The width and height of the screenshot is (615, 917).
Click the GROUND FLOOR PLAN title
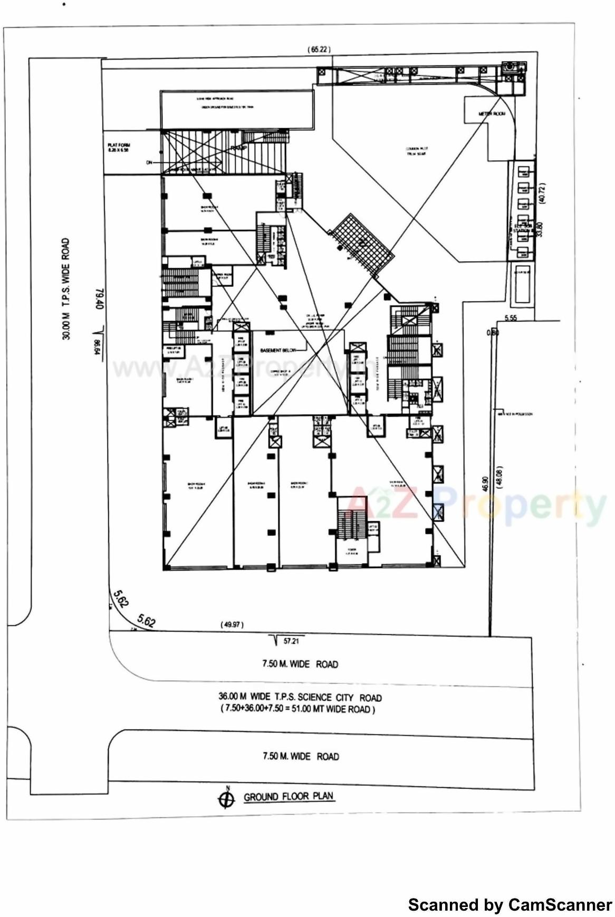[x=289, y=796]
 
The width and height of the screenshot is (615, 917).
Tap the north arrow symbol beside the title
[x=226, y=799]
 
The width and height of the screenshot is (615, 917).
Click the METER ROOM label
[x=492, y=114]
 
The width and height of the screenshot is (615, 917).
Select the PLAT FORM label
[x=119, y=148]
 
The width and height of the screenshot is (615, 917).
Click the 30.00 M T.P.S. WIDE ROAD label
[x=66, y=289]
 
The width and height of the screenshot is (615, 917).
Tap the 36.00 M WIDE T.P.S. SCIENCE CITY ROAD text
[x=300, y=697]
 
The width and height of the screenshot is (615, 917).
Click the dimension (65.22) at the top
[x=319, y=50]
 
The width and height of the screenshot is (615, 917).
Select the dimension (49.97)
[x=232, y=625]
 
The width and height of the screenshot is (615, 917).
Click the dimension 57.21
[x=291, y=641]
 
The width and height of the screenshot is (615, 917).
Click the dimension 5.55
[x=511, y=318]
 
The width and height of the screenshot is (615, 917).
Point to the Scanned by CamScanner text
[x=510, y=905]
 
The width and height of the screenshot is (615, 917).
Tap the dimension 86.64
[x=98, y=349]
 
